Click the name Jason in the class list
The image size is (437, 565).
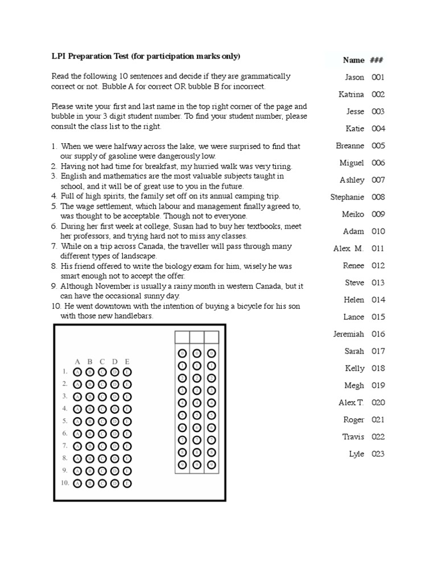point(354,77)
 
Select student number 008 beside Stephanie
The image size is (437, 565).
point(378,197)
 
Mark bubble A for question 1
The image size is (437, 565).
point(78,372)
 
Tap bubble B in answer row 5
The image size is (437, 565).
point(90,421)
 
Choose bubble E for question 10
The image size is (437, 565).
point(127,483)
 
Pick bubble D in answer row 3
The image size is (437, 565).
point(115,396)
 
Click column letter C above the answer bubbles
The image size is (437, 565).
point(102,362)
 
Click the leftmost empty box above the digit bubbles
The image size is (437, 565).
point(182,337)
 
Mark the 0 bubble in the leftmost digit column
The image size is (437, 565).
point(182,353)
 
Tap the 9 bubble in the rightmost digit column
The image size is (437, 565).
point(211,465)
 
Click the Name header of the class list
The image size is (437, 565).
point(353,60)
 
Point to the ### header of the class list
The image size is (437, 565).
point(376,60)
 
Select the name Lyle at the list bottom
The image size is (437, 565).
point(356,454)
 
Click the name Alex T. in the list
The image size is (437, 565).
point(351,403)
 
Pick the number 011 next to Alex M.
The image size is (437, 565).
point(378,249)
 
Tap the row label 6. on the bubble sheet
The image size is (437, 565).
point(65,434)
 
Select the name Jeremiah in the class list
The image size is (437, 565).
point(348,334)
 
